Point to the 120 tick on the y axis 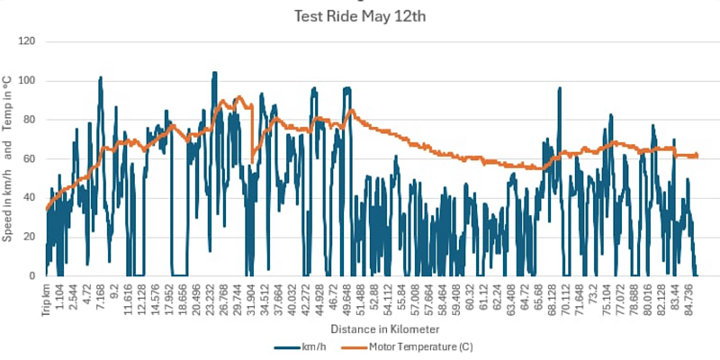[x=29, y=41]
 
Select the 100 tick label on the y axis [x=29, y=81]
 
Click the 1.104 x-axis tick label [x=62, y=297]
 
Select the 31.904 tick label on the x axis [x=250, y=299]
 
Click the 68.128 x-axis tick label [x=551, y=299]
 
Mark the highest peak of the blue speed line [x=214, y=73]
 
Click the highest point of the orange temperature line [x=239, y=96]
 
